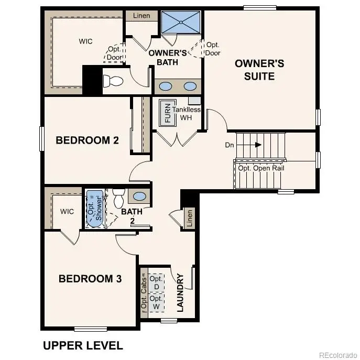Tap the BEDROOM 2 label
point(88,140)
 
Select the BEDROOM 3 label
point(90,279)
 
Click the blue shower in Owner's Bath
point(181,23)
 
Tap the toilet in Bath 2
point(118,198)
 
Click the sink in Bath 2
point(139,197)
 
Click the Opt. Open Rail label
point(261,168)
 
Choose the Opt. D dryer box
point(156,282)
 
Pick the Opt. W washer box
point(156,302)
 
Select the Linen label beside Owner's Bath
point(141,16)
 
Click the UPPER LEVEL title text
point(83,345)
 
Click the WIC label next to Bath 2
point(67,211)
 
